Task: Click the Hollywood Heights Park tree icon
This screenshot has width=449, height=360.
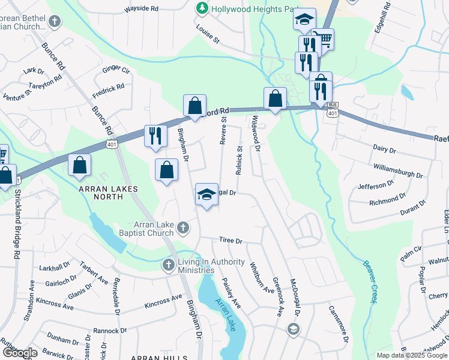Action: pyautogui.click(x=202, y=9)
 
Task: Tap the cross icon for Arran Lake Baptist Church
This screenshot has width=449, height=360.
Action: pyautogui.click(x=184, y=229)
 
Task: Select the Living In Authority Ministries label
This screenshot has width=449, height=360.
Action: pyautogui.click(x=211, y=266)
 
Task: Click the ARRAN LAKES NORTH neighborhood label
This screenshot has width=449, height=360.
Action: pyautogui.click(x=108, y=189)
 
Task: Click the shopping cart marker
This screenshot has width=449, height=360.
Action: pyautogui.click(x=324, y=39)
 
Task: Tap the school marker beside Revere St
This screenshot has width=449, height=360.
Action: pyautogui.click(x=206, y=194)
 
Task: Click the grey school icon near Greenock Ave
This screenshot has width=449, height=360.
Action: pyautogui.click(x=292, y=328)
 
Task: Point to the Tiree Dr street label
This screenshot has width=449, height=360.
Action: pyautogui.click(x=231, y=241)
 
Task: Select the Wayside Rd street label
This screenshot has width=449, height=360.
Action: pyautogui.click(x=141, y=10)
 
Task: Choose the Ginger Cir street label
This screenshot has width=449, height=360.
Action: pyautogui.click(x=116, y=70)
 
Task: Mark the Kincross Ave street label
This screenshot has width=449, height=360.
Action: pyautogui.click(x=163, y=301)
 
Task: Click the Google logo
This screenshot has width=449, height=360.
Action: pyautogui.click(x=20, y=353)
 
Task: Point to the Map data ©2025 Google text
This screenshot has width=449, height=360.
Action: pyautogui.click(x=411, y=355)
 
